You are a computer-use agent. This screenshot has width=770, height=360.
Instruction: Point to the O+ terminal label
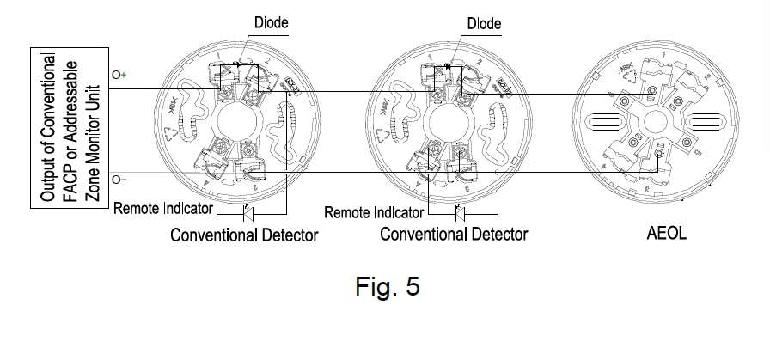119,76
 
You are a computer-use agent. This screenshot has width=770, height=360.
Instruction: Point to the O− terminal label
119,180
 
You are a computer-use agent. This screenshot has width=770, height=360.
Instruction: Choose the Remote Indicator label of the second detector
375,212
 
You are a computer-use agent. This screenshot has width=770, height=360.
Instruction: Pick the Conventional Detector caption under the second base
454,234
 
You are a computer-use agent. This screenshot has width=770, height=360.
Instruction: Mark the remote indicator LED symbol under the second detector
458,211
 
